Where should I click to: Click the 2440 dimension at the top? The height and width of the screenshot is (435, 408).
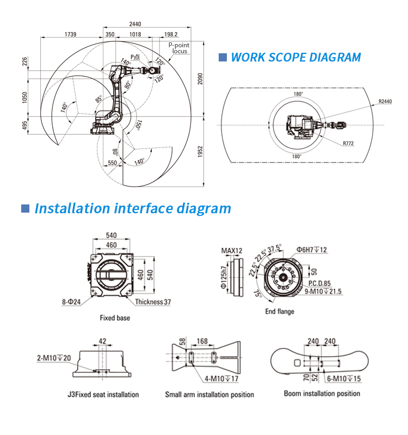(135, 24)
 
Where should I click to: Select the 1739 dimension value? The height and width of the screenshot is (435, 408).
(70, 34)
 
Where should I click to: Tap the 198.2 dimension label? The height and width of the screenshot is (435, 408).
(171, 34)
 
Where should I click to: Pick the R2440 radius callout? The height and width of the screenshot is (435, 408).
(385, 102)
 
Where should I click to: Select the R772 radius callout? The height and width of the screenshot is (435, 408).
(349, 144)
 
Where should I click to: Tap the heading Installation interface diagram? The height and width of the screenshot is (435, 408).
(133, 208)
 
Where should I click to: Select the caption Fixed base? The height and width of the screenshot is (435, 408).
(115, 318)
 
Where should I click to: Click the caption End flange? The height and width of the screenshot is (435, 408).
(280, 312)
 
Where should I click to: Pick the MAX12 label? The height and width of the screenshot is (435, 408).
(232, 251)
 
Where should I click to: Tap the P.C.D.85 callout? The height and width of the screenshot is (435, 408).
(320, 283)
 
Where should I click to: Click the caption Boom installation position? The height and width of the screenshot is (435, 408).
(322, 394)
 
